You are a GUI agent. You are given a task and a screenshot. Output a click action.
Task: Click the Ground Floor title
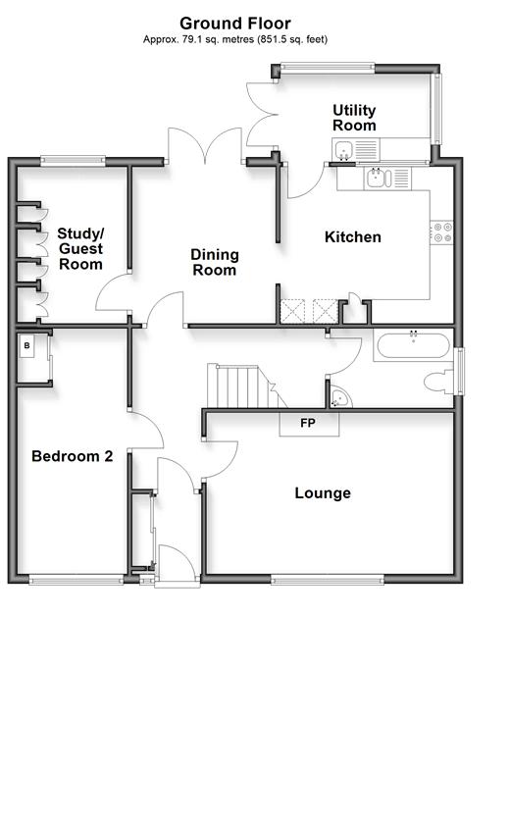[x=235, y=24]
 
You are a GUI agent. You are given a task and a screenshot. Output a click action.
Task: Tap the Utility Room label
[x=354, y=118]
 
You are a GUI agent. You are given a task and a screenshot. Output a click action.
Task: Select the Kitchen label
[x=353, y=237]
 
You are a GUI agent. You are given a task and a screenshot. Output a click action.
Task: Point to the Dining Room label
[x=214, y=262]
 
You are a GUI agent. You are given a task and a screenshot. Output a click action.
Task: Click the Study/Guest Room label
[x=80, y=248]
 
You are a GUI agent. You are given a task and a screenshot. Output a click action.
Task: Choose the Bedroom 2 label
[x=72, y=456]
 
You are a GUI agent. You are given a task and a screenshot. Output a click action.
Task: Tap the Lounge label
[x=323, y=492]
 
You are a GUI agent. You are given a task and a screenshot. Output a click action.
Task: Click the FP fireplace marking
[x=308, y=423]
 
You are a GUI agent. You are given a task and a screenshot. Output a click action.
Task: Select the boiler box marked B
[x=27, y=346]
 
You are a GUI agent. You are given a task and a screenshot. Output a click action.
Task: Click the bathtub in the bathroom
[x=413, y=346]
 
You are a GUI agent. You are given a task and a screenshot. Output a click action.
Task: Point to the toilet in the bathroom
[x=438, y=382]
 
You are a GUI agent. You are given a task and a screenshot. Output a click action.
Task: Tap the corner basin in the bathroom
[x=339, y=399]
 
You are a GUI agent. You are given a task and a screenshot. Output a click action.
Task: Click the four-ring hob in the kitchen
[x=441, y=232]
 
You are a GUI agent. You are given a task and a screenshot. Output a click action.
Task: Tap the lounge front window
[x=328, y=580]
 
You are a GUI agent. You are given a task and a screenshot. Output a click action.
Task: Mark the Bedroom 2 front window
[x=76, y=580]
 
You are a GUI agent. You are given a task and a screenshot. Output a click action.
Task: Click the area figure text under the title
[x=235, y=39]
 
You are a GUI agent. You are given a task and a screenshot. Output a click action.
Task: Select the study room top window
[x=73, y=160]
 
